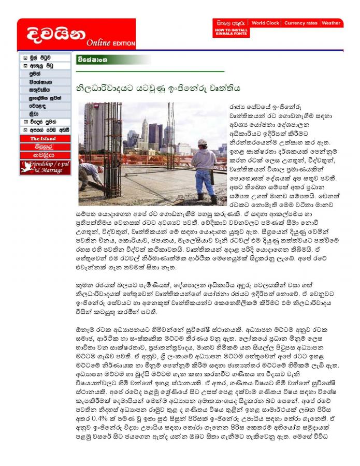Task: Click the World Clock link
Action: click(x=265, y=23)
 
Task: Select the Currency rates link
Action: click(x=300, y=23)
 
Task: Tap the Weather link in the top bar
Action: click(x=330, y=23)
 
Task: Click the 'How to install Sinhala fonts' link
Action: click(x=230, y=32)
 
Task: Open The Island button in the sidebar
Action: click(x=45, y=139)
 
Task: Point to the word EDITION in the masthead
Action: click(x=124, y=43)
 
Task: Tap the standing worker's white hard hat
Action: click(x=202, y=142)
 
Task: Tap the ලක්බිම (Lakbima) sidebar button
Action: click(x=45, y=147)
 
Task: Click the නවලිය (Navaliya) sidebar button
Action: click(x=45, y=154)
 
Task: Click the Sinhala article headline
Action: click(x=159, y=88)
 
